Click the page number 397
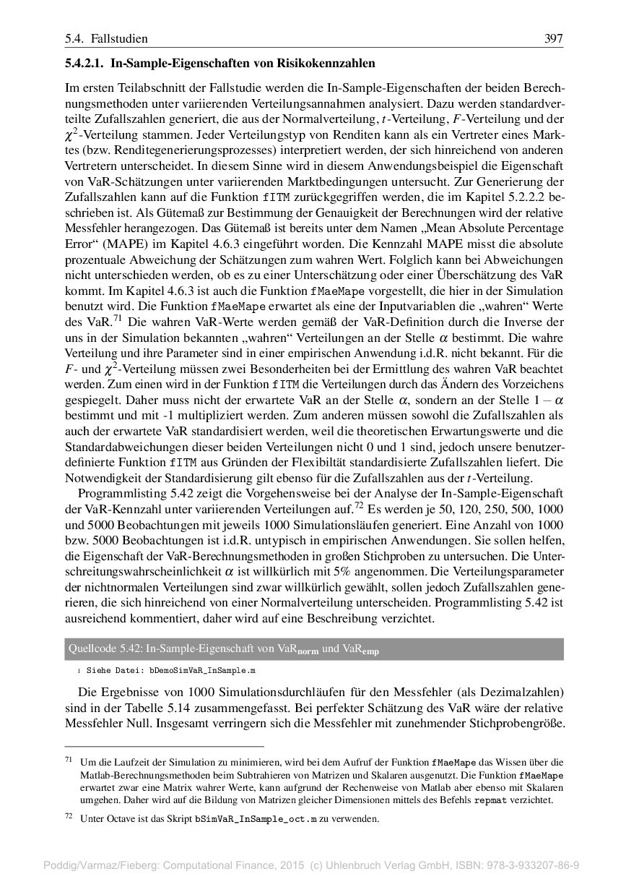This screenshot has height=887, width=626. [x=553, y=38]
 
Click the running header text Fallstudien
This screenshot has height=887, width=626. [x=120, y=38]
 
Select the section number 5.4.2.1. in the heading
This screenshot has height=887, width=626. [x=84, y=64]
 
